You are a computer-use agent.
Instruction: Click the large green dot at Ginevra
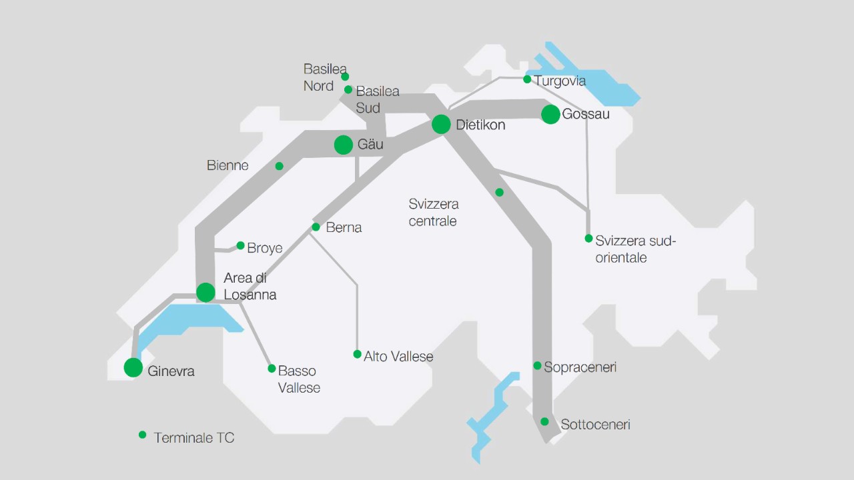tap(133, 367)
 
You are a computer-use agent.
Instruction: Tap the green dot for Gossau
tap(550, 114)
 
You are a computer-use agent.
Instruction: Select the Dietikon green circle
tap(441, 124)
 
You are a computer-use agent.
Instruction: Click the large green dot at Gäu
tap(344, 145)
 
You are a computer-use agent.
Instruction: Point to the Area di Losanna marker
tap(205, 292)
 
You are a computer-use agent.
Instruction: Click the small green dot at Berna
tap(316, 227)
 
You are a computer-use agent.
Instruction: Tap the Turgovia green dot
tap(527, 79)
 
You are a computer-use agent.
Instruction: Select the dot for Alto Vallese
tap(358, 355)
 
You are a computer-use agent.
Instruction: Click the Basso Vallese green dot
tap(272, 369)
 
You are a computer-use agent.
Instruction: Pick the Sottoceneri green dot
tap(544, 421)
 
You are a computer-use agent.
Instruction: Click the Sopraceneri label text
tap(580, 367)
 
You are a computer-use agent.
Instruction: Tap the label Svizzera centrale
tap(434, 212)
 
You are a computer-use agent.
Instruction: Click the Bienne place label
tap(228, 165)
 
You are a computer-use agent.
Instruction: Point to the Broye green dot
tap(241, 245)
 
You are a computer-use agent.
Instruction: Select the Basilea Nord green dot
tap(345, 77)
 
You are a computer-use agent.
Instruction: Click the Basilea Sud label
tap(377, 99)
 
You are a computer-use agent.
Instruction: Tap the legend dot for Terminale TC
tap(142, 435)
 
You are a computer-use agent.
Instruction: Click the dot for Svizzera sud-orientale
tap(588, 239)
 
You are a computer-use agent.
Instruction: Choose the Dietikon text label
tap(480, 125)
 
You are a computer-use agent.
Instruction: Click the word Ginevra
tap(171, 371)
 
